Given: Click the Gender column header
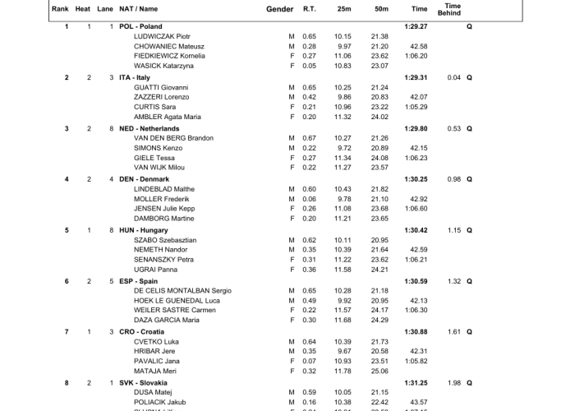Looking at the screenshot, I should pos(280,9).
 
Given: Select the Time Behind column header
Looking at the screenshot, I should pos(453,9).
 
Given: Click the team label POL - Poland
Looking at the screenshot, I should pos(140,26).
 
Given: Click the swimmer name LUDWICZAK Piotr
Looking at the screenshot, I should pos(162,36).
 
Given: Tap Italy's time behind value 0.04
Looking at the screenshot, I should pos(454,77).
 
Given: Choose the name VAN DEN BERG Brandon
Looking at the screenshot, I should pos(173,138).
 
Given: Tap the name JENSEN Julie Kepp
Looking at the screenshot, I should pos(164,209).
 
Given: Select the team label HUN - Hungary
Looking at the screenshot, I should pos(143,230).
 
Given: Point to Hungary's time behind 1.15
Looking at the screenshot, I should pos(454,230).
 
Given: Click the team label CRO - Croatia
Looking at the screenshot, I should pos(141,332).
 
